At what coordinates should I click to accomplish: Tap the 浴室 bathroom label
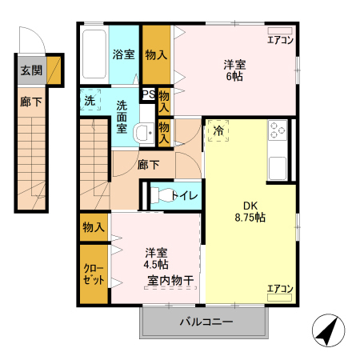(x=123, y=55)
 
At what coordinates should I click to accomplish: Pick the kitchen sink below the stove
(x=278, y=168)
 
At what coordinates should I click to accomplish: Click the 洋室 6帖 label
(x=234, y=70)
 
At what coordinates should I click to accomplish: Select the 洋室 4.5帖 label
(x=157, y=258)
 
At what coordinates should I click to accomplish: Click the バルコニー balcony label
(x=205, y=322)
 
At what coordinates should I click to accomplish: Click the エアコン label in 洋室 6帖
(x=280, y=38)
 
